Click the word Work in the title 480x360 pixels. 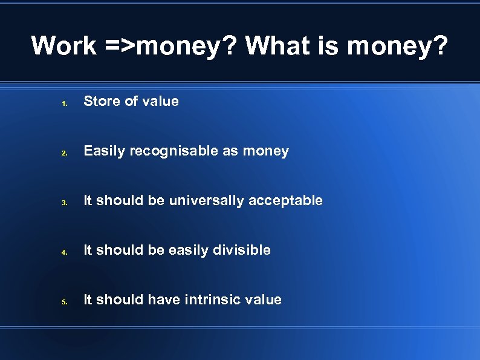tap(63, 45)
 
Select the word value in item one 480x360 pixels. tap(160, 102)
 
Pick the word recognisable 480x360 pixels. tap(174, 151)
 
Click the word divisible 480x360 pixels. tap(241, 250)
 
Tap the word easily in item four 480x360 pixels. tap(188, 250)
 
